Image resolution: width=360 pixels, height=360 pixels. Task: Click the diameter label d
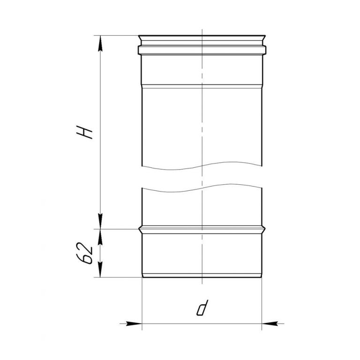(x=202, y=307)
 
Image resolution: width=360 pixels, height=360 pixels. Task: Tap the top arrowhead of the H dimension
(x=100, y=43)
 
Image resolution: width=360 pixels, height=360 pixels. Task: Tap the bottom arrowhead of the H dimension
(x=100, y=221)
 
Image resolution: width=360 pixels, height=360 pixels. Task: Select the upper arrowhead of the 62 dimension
(x=100, y=237)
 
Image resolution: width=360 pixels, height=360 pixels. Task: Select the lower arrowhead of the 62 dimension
(x=100, y=270)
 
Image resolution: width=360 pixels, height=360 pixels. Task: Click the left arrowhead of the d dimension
(x=134, y=324)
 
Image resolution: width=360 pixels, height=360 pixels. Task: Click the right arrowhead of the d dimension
(x=270, y=324)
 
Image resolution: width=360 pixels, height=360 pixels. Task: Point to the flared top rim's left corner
(x=139, y=36)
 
